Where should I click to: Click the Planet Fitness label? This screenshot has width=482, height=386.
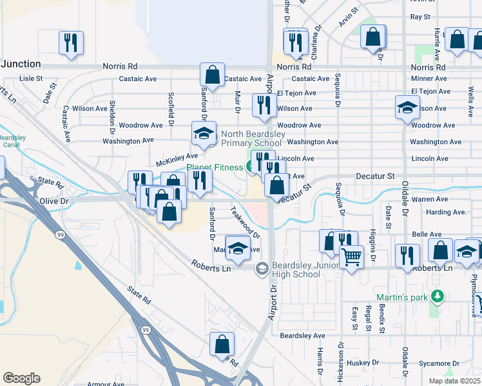click(x=215, y=168)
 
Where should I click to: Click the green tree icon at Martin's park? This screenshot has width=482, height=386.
click(x=438, y=297)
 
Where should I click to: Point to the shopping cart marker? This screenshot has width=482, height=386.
click(x=351, y=257)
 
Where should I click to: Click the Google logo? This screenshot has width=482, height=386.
click(x=21, y=378)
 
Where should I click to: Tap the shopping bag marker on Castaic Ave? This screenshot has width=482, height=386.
click(x=212, y=75)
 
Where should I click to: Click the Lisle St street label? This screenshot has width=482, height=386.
click(x=31, y=78)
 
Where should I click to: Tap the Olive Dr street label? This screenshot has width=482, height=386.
click(x=54, y=201)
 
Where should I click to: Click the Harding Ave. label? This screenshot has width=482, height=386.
click(x=446, y=212)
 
